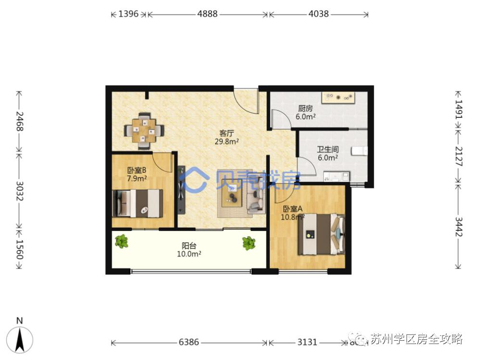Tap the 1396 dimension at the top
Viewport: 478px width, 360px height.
[128, 14]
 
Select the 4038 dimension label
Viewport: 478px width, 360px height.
[318, 14]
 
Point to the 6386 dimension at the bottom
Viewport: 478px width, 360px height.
[189, 343]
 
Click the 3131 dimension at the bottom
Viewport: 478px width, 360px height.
[307, 343]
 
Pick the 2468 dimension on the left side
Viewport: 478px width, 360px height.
[19, 121]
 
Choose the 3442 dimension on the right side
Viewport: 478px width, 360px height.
[458, 226]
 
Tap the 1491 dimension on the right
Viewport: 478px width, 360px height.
[458, 110]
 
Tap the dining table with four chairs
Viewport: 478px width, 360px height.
[144, 130]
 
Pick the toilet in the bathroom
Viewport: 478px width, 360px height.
[359, 152]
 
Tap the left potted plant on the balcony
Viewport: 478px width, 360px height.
[122, 241]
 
